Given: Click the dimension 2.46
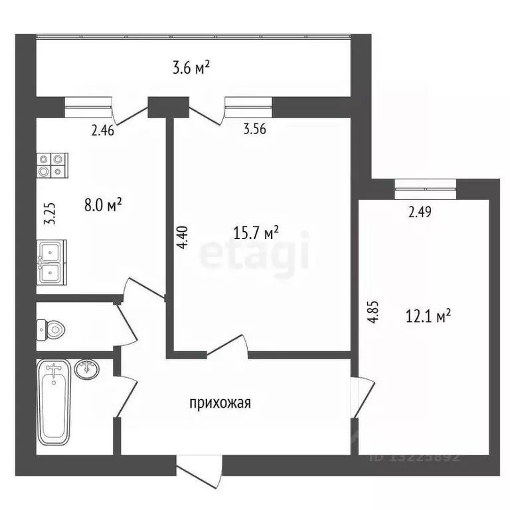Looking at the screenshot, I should (x=103, y=130).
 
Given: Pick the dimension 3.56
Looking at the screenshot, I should (x=255, y=130).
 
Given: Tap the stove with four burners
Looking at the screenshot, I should (x=52, y=165).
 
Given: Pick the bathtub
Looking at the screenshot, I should (x=54, y=402).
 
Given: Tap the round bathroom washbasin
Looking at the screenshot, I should (x=87, y=369).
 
